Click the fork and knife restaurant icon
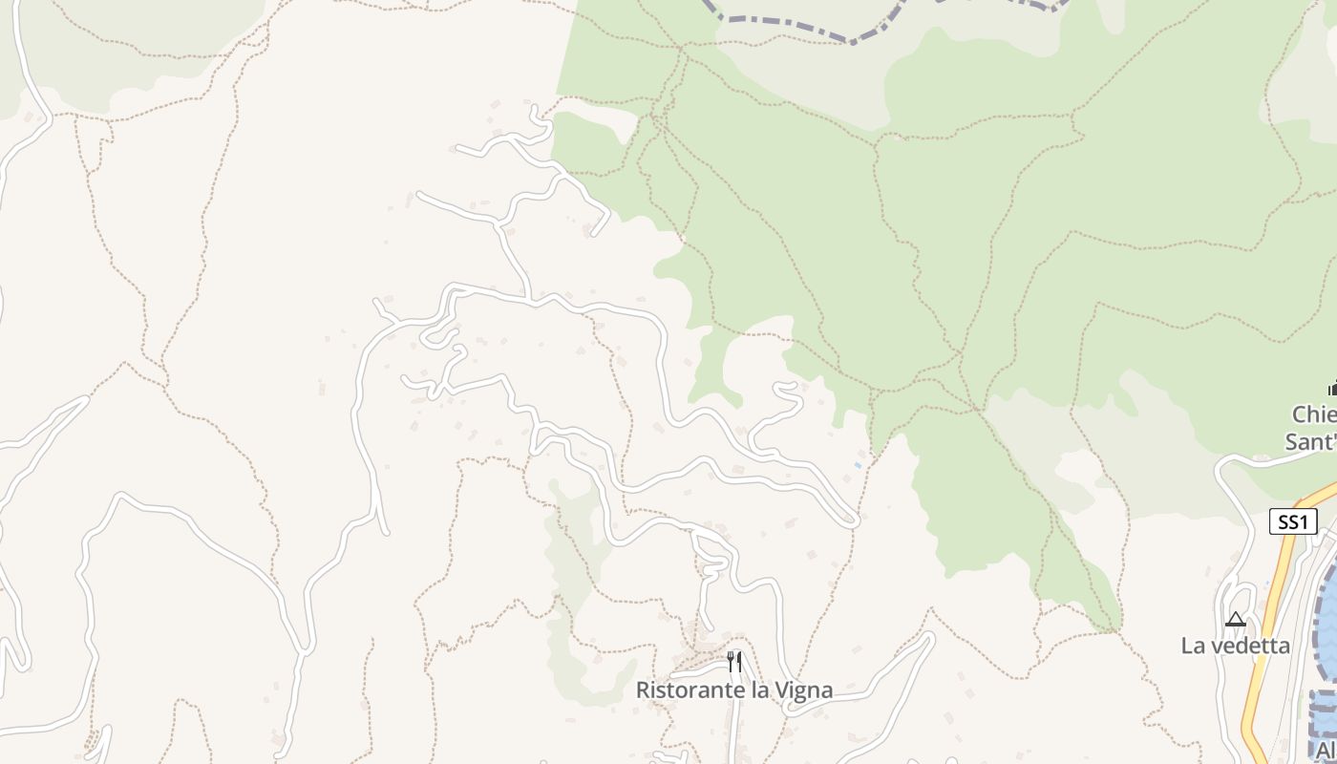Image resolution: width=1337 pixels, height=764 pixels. pyautogui.click(x=734, y=662)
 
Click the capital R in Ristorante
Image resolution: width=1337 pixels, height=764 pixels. pyautogui.click(x=643, y=690)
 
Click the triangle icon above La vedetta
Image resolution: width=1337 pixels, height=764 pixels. pyautogui.click(x=1236, y=619)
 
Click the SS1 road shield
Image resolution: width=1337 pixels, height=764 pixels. pyautogui.click(x=1293, y=521)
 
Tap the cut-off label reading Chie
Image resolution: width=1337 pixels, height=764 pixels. pyautogui.click(x=1315, y=415)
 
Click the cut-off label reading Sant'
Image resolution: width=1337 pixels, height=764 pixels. pyautogui.click(x=1310, y=441)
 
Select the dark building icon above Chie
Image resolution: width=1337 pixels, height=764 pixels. pyautogui.click(x=1332, y=388)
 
